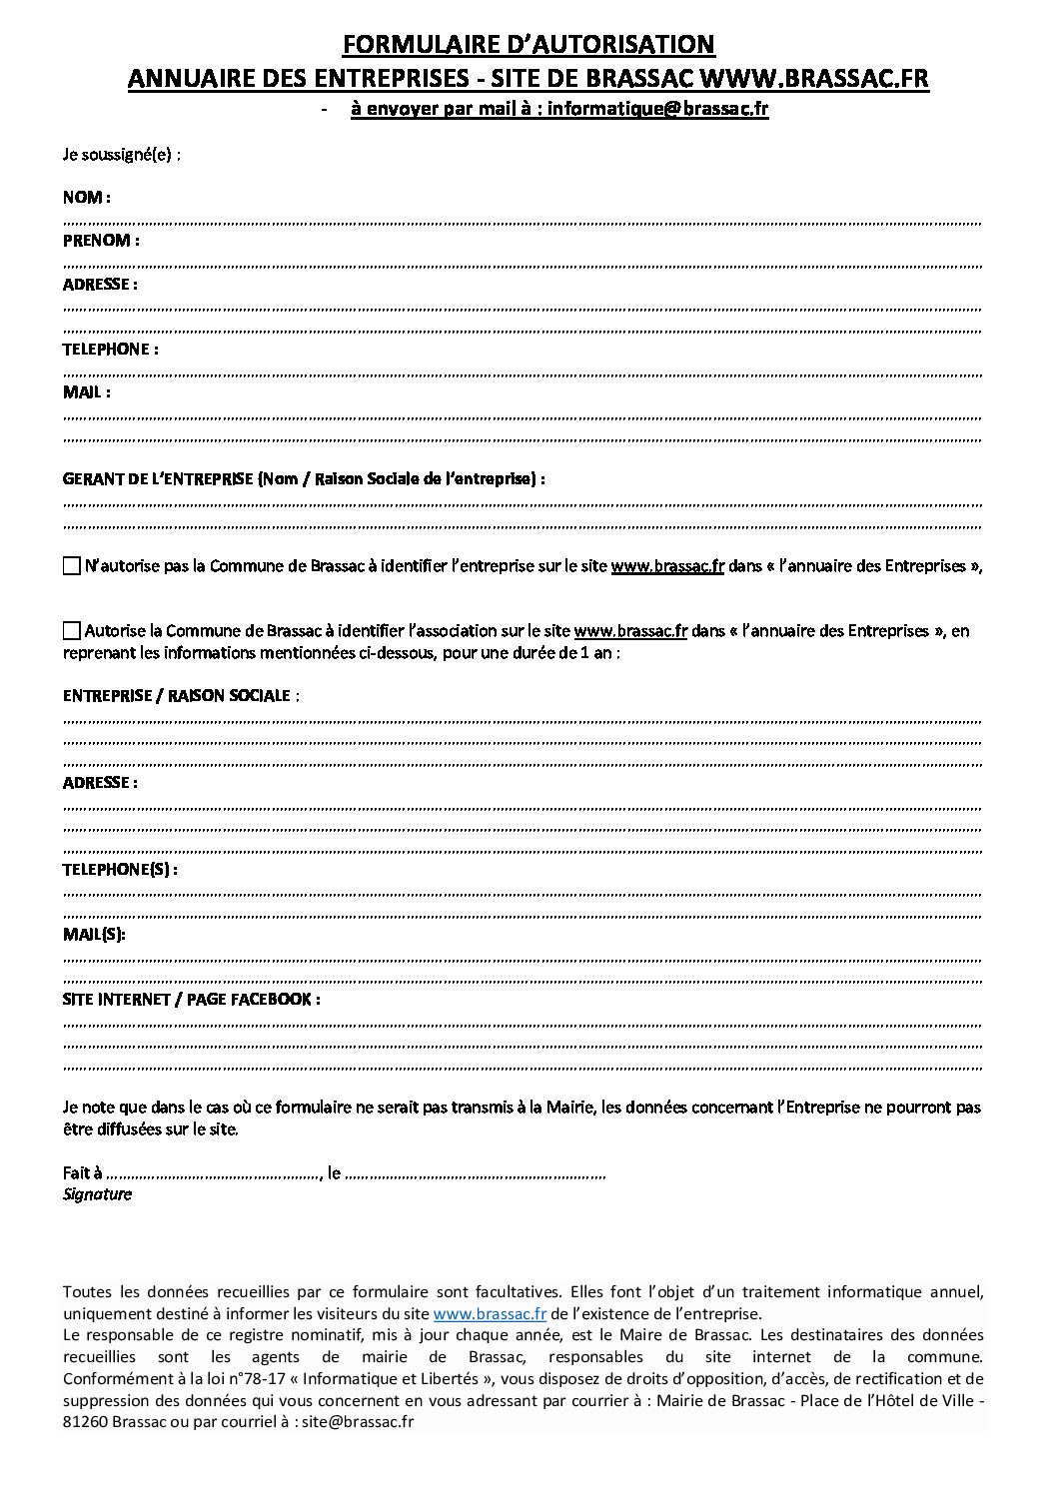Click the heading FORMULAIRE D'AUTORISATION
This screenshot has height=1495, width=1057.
[x=528, y=44]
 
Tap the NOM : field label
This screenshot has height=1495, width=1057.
[x=86, y=197]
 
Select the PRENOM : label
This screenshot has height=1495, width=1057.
[x=100, y=240]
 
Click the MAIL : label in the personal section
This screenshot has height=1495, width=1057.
[x=86, y=391]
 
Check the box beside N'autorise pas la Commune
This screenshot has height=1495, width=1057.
[x=71, y=566]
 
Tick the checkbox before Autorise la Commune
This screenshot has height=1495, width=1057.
[x=71, y=630]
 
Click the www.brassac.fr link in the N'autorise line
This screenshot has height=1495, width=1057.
[x=667, y=566]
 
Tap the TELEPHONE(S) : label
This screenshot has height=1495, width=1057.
[x=120, y=869]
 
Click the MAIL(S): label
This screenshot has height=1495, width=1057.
[x=94, y=934]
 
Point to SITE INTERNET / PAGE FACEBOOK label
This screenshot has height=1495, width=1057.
[x=191, y=999]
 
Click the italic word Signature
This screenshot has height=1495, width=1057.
[x=97, y=1194]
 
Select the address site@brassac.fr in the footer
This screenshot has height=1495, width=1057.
[x=358, y=1421]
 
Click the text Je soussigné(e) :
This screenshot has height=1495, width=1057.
[x=121, y=154]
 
